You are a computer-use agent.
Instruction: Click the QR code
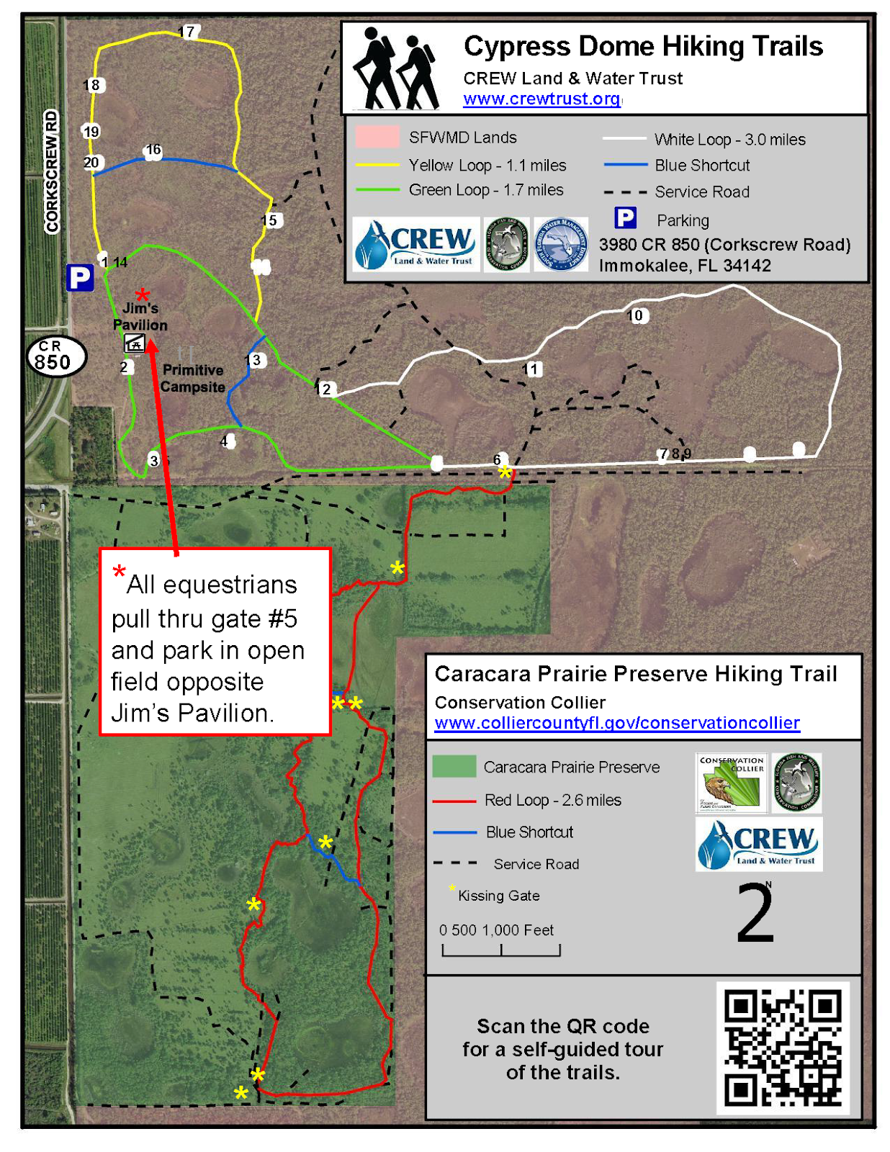tap(783, 1048)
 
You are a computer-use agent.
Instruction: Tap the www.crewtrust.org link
tap(541, 99)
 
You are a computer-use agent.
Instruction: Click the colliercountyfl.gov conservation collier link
tap(617, 723)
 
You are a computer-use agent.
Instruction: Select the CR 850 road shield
tap(55, 356)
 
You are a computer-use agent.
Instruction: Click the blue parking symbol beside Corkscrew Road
tap(80, 277)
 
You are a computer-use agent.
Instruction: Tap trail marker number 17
tap(187, 32)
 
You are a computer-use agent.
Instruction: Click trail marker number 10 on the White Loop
tap(637, 315)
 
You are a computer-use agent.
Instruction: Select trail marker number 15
tap(270, 220)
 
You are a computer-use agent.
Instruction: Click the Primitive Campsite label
tap(192, 378)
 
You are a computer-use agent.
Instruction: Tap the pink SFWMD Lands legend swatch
tap(377, 137)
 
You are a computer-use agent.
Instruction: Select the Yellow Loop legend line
tap(377, 165)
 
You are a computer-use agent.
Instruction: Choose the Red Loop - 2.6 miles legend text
tap(552, 800)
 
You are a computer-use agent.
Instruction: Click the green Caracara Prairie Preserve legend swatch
tap(454, 766)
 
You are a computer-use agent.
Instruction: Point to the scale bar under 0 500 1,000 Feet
tap(501, 950)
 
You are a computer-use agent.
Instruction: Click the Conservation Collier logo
tap(731, 783)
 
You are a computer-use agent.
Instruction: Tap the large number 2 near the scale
tap(755, 914)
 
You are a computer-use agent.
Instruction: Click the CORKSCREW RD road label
tap(51, 171)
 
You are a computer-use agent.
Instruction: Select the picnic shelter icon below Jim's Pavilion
tap(135, 343)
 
